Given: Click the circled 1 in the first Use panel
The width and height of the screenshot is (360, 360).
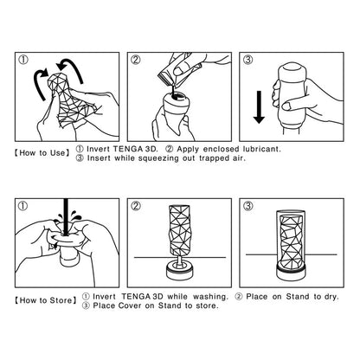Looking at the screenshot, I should click(x=23, y=59).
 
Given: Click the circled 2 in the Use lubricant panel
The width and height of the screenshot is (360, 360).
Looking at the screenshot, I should click(x=136, y=59).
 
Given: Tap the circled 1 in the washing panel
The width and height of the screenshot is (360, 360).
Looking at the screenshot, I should click(x=23, y=207).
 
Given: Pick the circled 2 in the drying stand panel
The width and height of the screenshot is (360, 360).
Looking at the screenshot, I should click(x=136, y=207).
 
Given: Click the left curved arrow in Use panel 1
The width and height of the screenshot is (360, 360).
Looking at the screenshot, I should click(x=37, y=89).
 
